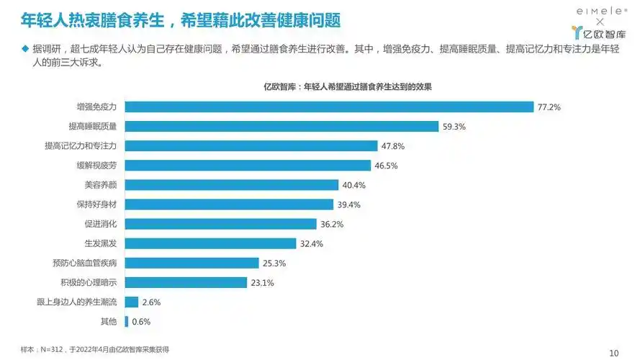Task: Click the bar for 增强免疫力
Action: (x=329, y=107)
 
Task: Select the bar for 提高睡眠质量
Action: (x=281, y=126)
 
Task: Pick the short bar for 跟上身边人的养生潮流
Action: (x=132, y=302)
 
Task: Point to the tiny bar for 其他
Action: (x=127, y=322)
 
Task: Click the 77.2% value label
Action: (x=549, y=107)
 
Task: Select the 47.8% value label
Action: (x=393, y=146)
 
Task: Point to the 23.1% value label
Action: (x=262, y=283)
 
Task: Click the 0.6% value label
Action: (x=141, y=322)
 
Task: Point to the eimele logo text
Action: (x=601, y=11)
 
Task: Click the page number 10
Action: (x=613, y=352)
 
